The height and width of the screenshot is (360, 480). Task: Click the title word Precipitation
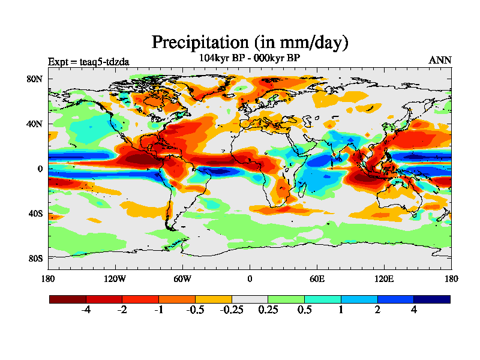199,43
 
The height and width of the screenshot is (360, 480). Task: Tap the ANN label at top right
440,60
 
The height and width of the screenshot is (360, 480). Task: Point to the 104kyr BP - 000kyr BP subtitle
249,58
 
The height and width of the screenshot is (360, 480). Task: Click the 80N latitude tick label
35,79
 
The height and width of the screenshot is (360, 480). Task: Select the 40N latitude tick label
35,124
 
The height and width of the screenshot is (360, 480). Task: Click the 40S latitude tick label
35,213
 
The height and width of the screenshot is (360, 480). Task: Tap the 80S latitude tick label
35,258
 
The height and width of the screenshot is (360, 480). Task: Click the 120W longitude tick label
115,278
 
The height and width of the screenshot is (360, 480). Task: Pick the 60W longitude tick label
182,278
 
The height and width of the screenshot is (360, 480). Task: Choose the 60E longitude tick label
317,278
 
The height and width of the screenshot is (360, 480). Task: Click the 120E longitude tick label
384,278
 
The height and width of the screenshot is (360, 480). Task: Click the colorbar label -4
86,310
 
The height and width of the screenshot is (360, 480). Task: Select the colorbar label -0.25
231,310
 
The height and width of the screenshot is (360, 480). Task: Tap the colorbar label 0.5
304,310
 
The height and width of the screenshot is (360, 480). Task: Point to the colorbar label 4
413,310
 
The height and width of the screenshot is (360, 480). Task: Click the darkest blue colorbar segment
431,299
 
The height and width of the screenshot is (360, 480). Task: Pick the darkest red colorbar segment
68,299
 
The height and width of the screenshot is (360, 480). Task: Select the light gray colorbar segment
250,299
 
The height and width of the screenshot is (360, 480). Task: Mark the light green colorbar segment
286,299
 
